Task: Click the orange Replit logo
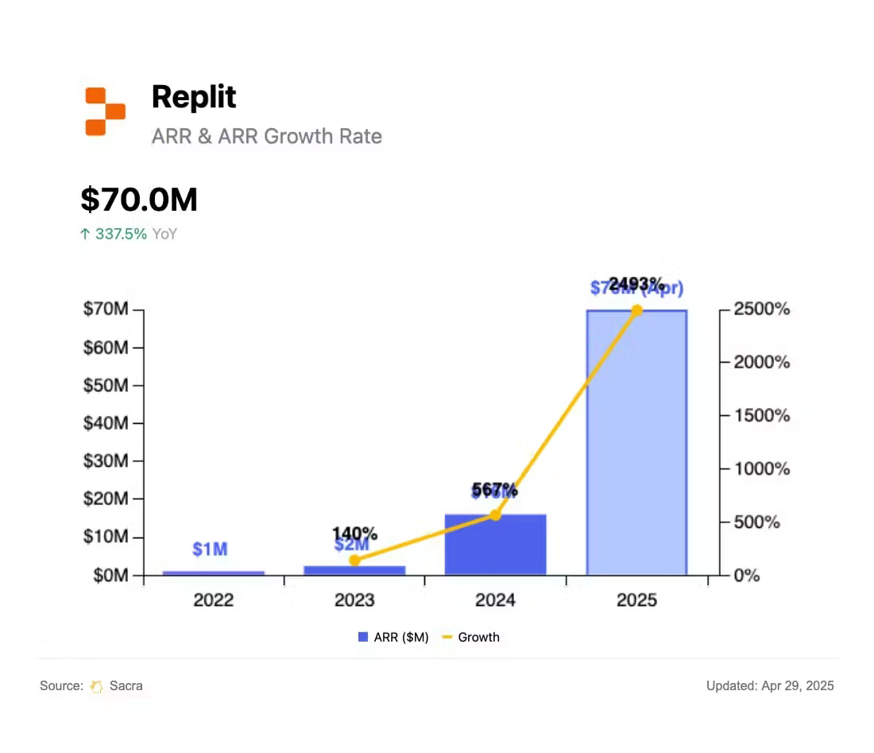point(105,111)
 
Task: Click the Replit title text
point(194,97)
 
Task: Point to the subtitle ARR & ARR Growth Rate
point(266,136)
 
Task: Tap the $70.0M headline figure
point(139,200)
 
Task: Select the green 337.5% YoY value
point(121,234)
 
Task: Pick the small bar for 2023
point(354,570)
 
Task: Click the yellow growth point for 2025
point(636,310)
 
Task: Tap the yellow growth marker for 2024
point(495,514)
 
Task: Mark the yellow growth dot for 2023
point(354,560)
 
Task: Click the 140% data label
point(354,534)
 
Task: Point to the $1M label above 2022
point(210,549)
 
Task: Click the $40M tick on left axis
point(106,423)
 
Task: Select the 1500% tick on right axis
point(760,415)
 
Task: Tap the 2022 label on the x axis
point(213,600)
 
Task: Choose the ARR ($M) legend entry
point(393,637)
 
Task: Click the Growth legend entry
point(471,637)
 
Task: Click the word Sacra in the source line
point(126,685)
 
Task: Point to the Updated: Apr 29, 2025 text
point(770,685)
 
